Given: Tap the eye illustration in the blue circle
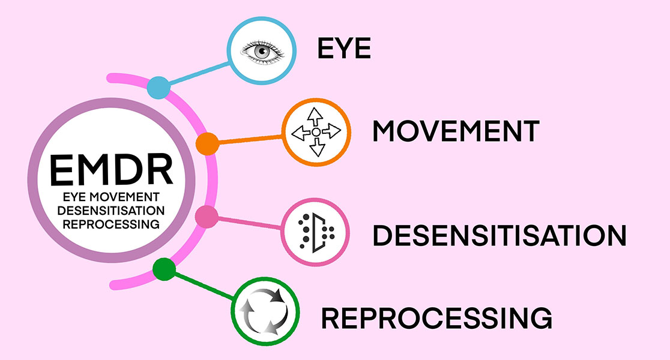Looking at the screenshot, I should tap(261, 50).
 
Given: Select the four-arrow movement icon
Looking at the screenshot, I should tap(316, 131).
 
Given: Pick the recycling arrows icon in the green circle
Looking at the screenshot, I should tap(264, 310).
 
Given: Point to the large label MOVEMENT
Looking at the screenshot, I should tap(456, 131).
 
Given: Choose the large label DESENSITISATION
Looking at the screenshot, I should tap(499, 235).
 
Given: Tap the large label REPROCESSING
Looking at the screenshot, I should tap(436, 317).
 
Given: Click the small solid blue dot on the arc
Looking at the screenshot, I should tap(158, 88).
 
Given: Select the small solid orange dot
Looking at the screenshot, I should tap(207, 143).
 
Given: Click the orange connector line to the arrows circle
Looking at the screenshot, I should tap(249, 140).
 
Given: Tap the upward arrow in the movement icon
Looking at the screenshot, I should tap(316, 115).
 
